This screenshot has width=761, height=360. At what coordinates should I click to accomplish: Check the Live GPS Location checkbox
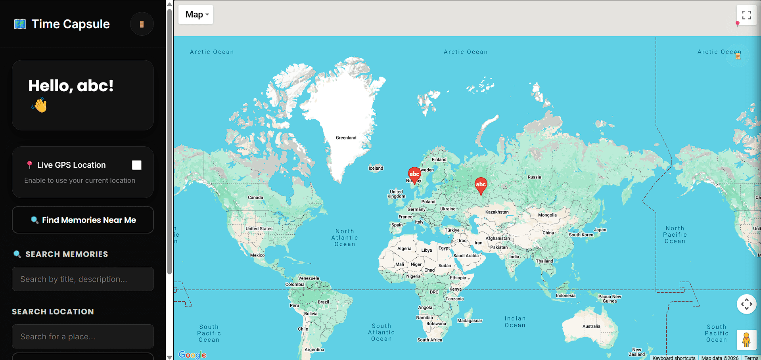click(136, 165)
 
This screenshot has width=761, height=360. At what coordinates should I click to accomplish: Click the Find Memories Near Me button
click(83, 220)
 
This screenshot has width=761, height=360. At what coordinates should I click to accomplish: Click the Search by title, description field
click(83, 279)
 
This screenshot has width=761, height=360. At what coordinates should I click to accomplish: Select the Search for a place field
click(83, 337)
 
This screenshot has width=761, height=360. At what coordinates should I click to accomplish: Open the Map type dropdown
click(196, 15)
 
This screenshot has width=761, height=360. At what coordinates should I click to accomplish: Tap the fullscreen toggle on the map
click(746, 15)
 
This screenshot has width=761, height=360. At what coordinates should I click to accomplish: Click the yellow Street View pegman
click(746, 340)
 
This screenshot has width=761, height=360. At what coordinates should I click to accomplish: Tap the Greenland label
click(346, 138)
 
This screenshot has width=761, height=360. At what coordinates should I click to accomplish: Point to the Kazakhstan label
click(497, 212)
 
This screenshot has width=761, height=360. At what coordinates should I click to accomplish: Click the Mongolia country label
click(547, 215)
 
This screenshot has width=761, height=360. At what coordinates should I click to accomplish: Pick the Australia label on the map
click(591, 326)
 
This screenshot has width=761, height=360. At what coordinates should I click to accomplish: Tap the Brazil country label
click(323, 302)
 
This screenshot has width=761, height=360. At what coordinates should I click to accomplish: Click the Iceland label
click(376, 168)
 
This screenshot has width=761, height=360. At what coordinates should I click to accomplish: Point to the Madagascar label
click(470, 321)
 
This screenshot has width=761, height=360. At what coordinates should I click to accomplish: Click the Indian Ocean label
click(515, 322)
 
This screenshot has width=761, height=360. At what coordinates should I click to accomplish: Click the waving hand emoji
click(40, 105)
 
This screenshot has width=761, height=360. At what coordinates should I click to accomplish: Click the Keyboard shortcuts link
click(674, 358)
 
